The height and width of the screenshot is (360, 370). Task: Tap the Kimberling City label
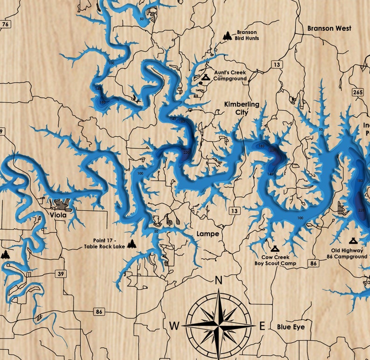pyautogui.click(x=241, y=108)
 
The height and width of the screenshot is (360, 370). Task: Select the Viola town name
pyautogui.click(x=58, y=215)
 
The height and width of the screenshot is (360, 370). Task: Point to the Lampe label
pyautogui.click(x=208, y=234)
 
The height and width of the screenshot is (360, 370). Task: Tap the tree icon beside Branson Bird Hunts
pyautogui.click(x=227, y=35)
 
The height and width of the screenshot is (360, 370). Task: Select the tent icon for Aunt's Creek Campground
pyautogui.click(x=204, y=76)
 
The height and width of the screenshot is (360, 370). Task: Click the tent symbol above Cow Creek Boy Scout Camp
pyautogui.click(x=274, y=248)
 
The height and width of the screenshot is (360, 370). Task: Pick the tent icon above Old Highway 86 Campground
pyautogui.click(x=353, y=241)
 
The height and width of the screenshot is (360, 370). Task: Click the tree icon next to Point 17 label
pyautogui.click(x=132, y=243)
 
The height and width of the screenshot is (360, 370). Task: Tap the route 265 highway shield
pyautogui.click(x=358, y=92)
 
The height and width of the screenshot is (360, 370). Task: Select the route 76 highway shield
pyautogui.click(x=5, y=24)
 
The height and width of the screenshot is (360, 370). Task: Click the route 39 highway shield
pyautogui.click(x=61, y=274)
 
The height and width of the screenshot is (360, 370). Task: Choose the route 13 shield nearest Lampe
pyautogui.click(x=233, y=211)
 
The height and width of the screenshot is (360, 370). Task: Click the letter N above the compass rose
pyautogui.click(x=218, y=280)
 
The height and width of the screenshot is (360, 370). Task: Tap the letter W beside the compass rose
pyautogui.click(x=174, y=325)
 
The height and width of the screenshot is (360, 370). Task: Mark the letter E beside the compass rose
pyautogui.click(x=262, y=326)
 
